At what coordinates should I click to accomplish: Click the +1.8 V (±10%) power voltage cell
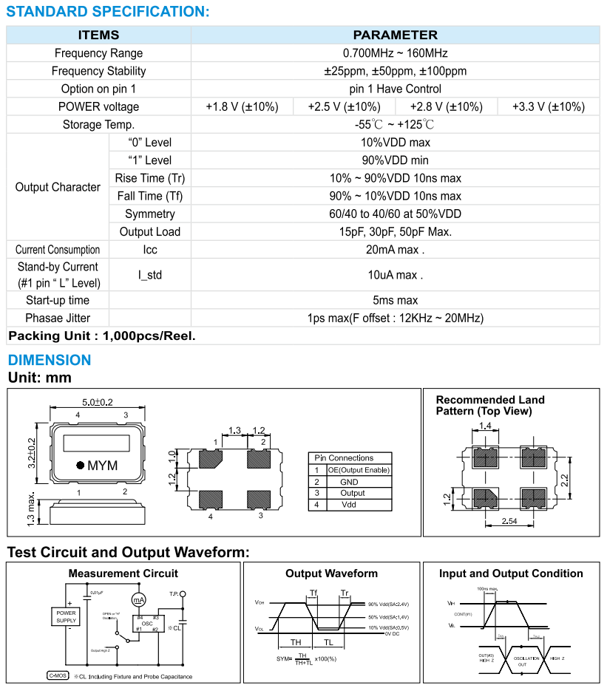tap(242, 106)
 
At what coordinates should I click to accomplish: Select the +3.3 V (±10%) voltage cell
tap(548, 106)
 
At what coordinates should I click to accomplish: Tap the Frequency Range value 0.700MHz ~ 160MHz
tap(395, 53)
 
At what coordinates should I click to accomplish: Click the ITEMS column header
tap(98, 35)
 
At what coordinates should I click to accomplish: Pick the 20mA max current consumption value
tap(395, 250)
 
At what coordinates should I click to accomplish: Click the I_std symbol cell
tap(150, 276)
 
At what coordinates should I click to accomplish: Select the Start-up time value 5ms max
tap(395, 300)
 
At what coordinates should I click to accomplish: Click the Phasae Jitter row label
tap(58, 318)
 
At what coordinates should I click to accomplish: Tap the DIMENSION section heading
tap(50, 360)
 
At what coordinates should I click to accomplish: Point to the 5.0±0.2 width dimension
tap(97, 402)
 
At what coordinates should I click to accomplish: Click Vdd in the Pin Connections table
tap(349, 505)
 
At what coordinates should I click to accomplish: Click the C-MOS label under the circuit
tap(57, 676)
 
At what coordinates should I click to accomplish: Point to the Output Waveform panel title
tap(331, 573)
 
